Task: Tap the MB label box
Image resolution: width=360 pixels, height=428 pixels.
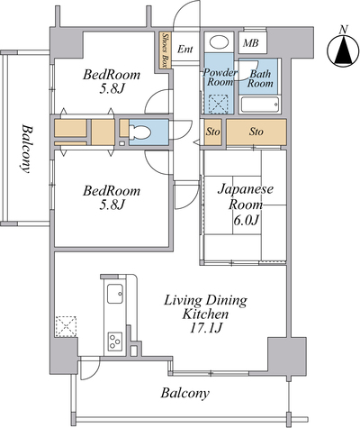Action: click(253, 43)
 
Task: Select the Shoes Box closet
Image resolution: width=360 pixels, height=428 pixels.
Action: click(165, 50)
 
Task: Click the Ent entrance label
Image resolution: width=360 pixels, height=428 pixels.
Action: click(184, 49)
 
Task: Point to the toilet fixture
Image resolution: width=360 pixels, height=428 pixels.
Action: click(139, 132)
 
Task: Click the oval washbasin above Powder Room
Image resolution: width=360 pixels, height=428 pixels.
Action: click(219, 41)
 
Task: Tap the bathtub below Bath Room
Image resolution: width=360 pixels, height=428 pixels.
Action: click(260, 105)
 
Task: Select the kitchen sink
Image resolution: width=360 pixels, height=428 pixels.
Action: click(115, 294)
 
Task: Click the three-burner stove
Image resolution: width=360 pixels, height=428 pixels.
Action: click(115, 341)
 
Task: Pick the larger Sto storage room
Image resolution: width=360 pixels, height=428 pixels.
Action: click(256, 132)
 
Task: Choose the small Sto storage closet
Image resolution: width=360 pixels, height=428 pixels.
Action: click(212, 132)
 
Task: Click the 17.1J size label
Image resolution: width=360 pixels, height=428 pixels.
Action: click(205, 328)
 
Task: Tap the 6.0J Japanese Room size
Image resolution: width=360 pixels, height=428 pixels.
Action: click(246, 220)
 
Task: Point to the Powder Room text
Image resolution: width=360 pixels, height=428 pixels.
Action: click(220, 77)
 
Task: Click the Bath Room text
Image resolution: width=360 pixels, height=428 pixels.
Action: click(260, 78)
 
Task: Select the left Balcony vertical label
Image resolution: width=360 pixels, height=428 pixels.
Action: click(27, 149)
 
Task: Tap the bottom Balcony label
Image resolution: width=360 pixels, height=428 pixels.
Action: click(184, 393)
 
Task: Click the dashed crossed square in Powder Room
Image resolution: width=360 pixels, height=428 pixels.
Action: click(218, 104)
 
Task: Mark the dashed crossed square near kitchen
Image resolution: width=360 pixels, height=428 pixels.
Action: click(66, 326)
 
